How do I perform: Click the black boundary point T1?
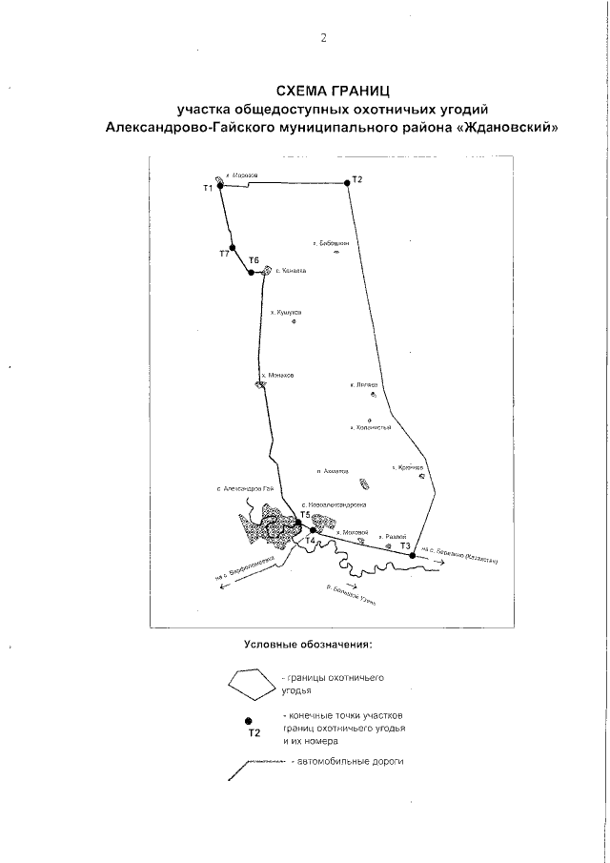[x=219, y=186]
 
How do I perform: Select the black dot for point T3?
[x=412, y=554]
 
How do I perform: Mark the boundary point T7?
[x=232, y=247]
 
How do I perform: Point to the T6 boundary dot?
[x=252, y=273]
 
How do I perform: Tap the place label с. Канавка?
[x=290, y=271]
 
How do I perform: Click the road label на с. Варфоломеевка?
[x=250, y=568]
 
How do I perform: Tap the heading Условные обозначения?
[x=307, y=645]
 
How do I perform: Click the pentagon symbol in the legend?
[x=248, y=683]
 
